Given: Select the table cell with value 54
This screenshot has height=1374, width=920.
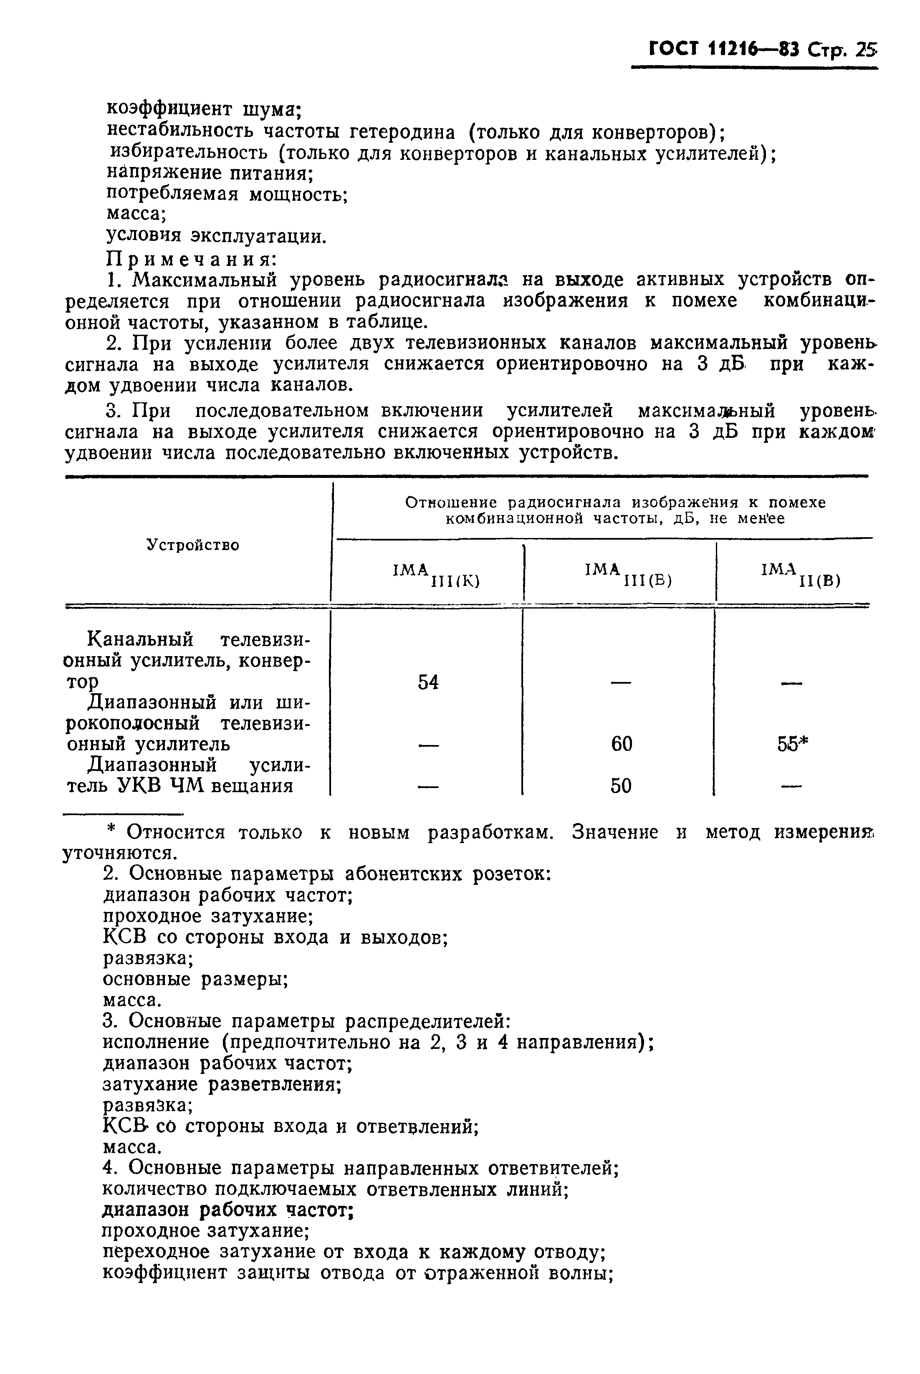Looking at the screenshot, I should pos(428,682).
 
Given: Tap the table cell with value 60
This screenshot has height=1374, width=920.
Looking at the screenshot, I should pos(622,744).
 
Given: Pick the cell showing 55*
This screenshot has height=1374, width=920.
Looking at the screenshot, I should pos(793,744).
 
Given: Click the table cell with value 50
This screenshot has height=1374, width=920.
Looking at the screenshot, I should pos(621,786).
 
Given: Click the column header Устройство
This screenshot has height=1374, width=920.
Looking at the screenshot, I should pos(193,545).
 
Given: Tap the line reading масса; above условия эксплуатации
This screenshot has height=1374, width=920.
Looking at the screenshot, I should pos(136,215).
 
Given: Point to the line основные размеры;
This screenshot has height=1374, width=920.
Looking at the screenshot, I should pos(195,979).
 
